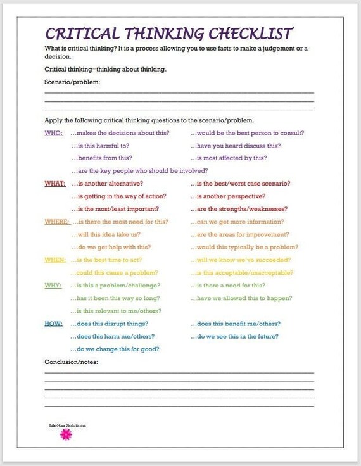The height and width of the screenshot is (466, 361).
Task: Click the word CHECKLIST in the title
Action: [x=252, y=33]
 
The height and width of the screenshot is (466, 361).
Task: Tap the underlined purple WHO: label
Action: [x=54, y=133]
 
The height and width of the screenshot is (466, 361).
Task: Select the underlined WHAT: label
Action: [x=55, y=184]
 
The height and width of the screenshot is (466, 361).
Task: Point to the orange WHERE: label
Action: [x=57, y=222]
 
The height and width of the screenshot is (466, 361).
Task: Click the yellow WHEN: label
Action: [x=55, y=260]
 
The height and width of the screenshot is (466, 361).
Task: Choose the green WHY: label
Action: [x=53, y=286]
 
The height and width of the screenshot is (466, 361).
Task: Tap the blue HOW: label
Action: [x=53, y=324]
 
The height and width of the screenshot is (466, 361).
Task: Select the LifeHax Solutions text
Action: [x=67, y=425]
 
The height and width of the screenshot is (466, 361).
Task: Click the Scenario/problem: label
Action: [x=72, y=82]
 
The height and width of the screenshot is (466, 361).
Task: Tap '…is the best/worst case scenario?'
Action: [x=241, y=184]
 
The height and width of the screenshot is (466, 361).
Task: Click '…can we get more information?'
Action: [x=237, y=222]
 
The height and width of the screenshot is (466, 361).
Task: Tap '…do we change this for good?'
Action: [x=115, y=349]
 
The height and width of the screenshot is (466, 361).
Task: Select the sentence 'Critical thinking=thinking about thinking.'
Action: [x=106, y=69]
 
